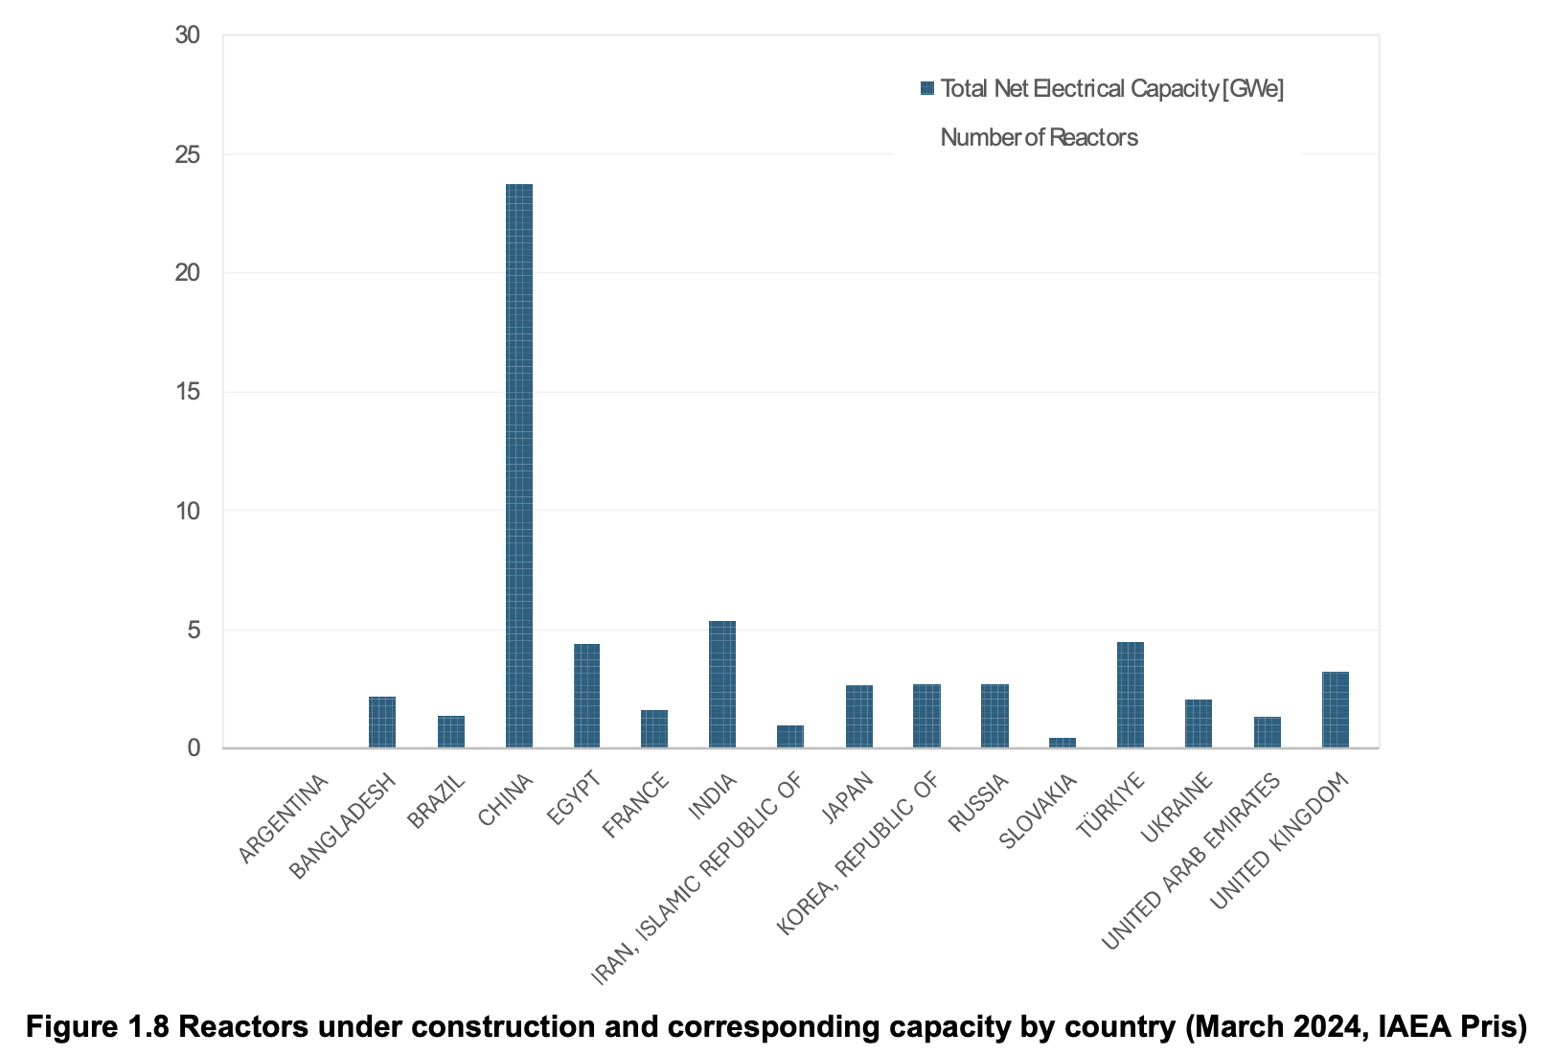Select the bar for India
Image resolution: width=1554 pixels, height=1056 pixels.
click(722, 684)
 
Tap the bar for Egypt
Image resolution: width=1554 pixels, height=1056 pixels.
click(586, 696)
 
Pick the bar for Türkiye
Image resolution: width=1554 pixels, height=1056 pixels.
click(1131, 695)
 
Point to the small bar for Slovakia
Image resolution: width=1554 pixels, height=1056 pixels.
click(1063, 743)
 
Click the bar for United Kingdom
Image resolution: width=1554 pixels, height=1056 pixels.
click(1336, 710)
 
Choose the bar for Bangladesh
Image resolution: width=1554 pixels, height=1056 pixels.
click(382, 723)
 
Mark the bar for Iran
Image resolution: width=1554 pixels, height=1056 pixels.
click(790, 737)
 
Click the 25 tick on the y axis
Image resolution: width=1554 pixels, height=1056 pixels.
click(188, 154)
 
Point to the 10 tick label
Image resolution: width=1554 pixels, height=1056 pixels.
click(188, 511)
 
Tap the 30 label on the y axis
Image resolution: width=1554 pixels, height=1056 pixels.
click(188, 35)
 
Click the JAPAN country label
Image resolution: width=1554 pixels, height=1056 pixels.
click(849, 797)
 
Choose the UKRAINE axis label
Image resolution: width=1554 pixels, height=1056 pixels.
click(1177, 809)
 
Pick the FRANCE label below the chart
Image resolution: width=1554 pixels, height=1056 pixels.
click(636, 807)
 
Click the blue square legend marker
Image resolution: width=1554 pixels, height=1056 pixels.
click(926, 88)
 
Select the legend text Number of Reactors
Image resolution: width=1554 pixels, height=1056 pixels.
click(1039, 138)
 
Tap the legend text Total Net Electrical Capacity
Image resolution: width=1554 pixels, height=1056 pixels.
click(1111, 88)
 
